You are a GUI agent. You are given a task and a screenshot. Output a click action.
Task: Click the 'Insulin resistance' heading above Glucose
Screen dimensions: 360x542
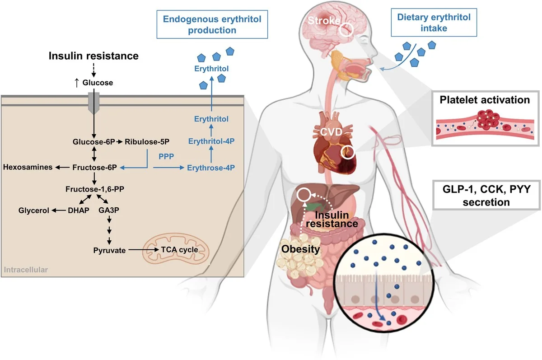click(x=93, y=56)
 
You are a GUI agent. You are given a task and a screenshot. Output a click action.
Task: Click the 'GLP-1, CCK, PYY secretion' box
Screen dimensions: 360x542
click(x=480, y=196)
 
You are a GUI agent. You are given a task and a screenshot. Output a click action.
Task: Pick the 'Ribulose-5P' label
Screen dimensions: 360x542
click(x=147, y=142)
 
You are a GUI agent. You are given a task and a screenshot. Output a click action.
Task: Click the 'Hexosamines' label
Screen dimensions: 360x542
click(x=27, y=168)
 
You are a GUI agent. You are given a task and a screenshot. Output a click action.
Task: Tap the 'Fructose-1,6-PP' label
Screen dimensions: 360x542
click(x=94, y=190)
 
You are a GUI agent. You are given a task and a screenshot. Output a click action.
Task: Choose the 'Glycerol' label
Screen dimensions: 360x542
click(x=34, y=210)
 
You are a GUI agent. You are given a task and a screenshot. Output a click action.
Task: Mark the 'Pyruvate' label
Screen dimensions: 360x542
click(x=109, y=250)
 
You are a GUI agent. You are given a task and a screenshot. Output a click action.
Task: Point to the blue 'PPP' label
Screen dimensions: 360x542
click(x=164, y=156)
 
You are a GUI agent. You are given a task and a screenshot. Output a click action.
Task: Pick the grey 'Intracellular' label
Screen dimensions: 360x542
click(x=26, y=271)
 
